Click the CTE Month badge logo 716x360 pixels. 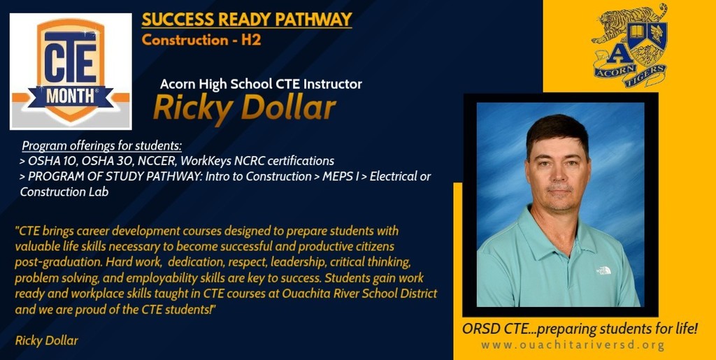(71, 71)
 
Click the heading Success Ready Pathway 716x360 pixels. (246, 20)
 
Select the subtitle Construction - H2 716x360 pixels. (201, 40)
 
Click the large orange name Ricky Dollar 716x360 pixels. (244, 108)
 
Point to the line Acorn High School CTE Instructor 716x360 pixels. (261, 84)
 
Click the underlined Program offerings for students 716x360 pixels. (102, 146)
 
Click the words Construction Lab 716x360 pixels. (64, 191)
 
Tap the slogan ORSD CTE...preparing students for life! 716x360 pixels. (580, 328)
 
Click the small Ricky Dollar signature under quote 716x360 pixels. (46, 340)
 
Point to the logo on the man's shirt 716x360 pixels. (603, 270)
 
